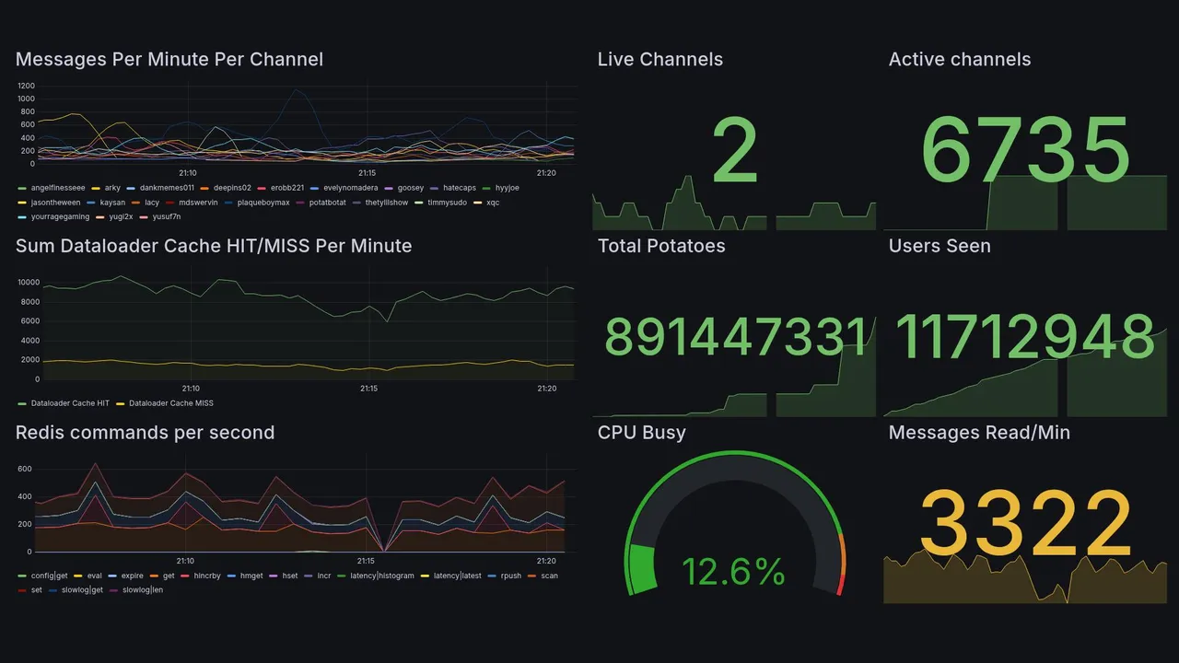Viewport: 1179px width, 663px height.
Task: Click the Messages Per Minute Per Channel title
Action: point(169,60)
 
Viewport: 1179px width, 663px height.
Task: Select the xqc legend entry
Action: point(493,203)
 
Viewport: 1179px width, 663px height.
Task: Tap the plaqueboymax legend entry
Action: point(263,203)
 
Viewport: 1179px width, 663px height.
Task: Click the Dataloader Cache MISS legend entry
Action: point(170,403)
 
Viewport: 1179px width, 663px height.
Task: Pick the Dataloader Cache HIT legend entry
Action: point(70,403)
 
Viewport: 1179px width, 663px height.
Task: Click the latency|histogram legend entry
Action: point(381,576)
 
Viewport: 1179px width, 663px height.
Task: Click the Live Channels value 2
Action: point(734,152)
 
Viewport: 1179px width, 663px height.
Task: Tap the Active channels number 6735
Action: point(1025,150)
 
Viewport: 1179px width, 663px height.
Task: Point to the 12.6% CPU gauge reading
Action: point(733,573)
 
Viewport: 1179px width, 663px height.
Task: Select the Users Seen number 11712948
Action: point(1025,337)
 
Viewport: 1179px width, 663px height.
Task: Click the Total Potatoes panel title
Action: point(661,246)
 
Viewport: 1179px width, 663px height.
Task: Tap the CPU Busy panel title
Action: point(641,433)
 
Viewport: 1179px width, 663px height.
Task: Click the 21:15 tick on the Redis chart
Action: point(366,561)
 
